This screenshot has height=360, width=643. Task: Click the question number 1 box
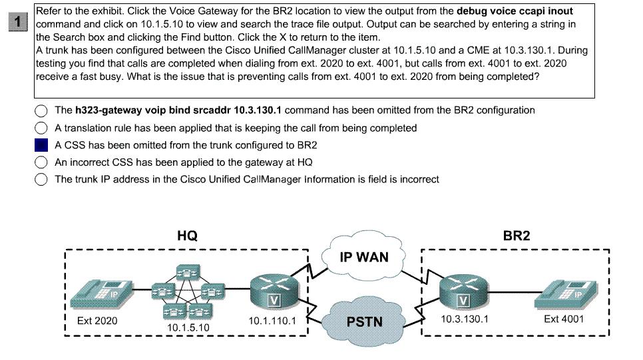tap(17, 22)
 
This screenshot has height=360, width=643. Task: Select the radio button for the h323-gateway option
tap(41, 110)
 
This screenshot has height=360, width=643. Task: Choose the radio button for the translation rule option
tap(41, 128)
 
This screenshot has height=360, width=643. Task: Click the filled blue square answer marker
tap(41, 145)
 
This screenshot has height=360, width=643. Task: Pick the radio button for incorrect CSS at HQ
tap(41, 162)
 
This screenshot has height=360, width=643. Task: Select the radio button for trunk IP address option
tap(41, 180)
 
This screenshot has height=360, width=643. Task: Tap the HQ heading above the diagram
tap(188, 236)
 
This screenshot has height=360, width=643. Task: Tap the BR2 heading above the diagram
tap(517, 236)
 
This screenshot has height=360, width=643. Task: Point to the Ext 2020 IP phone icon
tap(101, 293)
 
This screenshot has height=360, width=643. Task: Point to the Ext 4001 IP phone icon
tap(566, 293)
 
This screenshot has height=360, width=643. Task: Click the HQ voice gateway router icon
tap(274, 291)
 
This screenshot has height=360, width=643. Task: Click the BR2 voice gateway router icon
tap(464, 291)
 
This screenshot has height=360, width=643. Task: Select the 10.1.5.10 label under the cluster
tap(188, 327)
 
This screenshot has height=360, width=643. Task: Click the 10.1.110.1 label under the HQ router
tap(272, 321)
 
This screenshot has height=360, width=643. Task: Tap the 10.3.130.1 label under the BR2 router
tap(465, 319)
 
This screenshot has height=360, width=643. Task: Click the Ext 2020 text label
tap(97, 321)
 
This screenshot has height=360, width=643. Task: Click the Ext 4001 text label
tap(564, 319)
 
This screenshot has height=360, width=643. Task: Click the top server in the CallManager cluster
tap(188, 272)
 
